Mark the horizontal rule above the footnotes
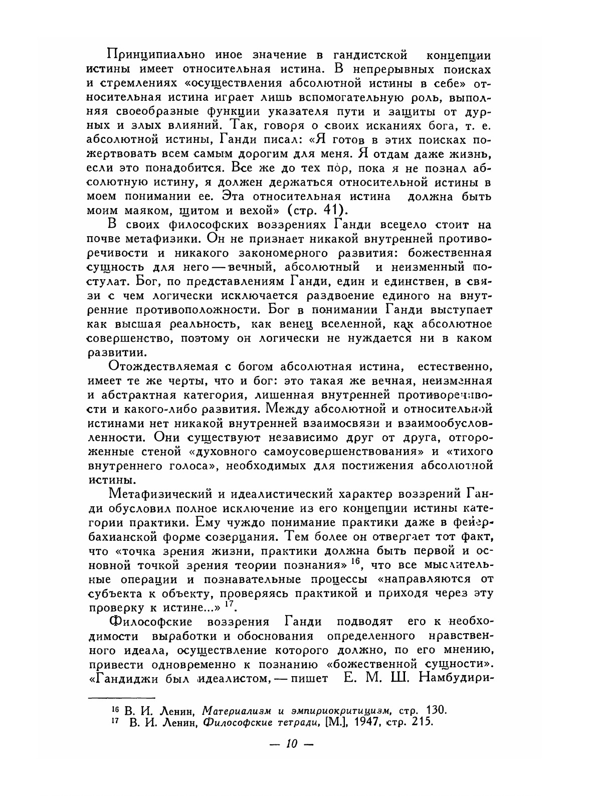121,696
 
